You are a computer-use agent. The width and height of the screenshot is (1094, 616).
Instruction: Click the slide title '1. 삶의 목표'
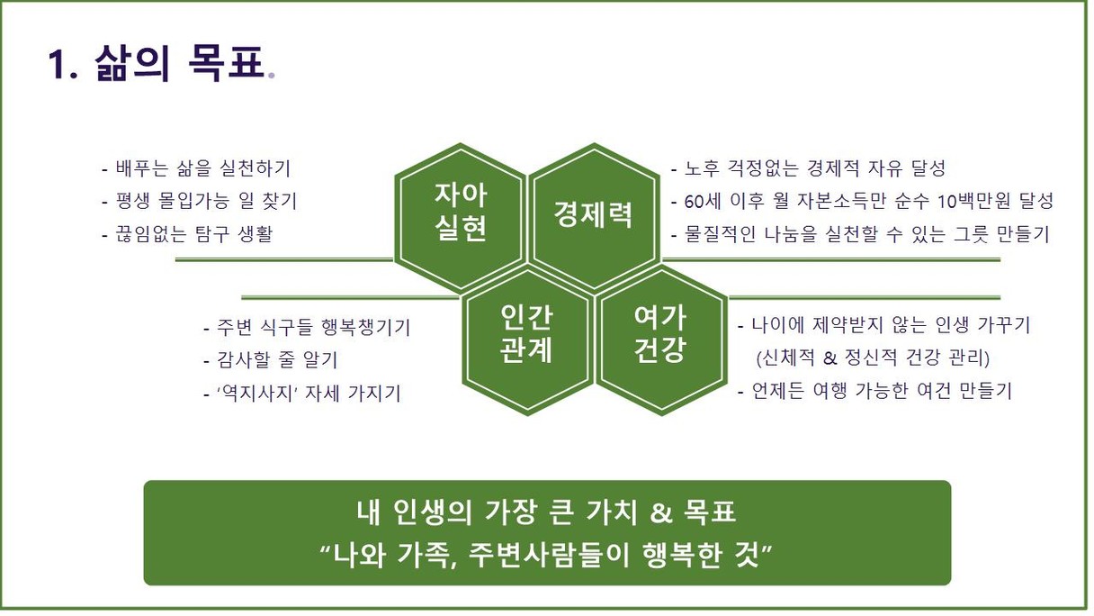[161, 64]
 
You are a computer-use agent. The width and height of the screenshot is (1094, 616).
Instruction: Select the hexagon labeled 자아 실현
[461, 216]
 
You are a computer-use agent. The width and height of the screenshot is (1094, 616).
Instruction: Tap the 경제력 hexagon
[594, 216]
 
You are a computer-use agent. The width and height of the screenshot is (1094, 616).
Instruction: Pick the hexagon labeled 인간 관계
[527, 341]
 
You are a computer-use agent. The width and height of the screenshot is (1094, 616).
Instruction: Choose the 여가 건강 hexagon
[660, 341]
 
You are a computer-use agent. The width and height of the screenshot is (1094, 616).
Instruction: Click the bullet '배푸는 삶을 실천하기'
[196, 168]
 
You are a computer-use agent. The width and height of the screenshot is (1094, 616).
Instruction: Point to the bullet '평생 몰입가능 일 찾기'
[199, 201]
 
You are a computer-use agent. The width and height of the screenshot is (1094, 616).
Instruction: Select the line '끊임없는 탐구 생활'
[187, 233]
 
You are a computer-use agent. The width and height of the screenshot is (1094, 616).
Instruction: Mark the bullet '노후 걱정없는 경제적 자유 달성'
[808, 168]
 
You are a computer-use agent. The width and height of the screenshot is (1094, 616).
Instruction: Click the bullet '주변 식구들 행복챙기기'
[307, 327]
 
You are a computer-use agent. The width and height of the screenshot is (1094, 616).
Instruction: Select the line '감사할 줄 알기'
[271, 360]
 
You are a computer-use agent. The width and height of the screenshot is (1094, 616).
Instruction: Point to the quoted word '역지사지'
[258, 393]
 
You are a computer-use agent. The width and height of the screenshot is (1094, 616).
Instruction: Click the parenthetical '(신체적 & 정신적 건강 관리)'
[873, 358]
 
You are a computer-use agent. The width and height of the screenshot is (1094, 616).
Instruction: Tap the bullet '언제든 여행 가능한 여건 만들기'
[874, 391]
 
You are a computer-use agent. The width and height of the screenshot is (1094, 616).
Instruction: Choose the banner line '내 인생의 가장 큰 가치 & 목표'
[546, 512]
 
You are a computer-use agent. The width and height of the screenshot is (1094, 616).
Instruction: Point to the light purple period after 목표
[272, 76]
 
